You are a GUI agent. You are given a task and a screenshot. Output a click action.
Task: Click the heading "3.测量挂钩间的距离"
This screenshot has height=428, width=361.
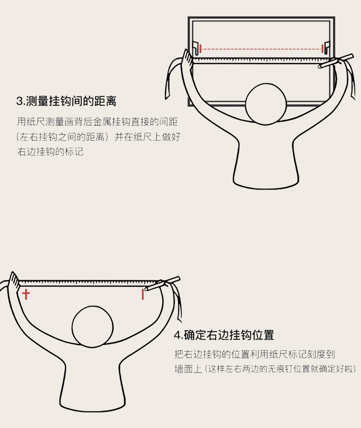click(x=66, y=101)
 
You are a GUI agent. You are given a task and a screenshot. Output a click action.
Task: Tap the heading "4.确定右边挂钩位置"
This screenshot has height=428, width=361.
click(x=224, y=335)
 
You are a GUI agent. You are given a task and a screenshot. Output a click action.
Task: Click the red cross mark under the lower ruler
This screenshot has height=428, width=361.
click(x=26, y=294)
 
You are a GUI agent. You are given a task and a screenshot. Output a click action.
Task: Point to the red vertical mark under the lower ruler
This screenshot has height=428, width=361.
click(x=143, y=294)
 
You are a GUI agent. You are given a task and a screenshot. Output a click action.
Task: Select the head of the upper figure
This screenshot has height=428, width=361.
click(x=265, y=104)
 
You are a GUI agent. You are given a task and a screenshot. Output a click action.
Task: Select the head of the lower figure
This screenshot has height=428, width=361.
click(x=93, y=327)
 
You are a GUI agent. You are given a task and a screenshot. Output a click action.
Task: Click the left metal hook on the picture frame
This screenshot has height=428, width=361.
click(x=196, y=48)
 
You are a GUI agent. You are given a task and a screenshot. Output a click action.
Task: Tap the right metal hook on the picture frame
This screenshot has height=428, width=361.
click(x=327, y=47)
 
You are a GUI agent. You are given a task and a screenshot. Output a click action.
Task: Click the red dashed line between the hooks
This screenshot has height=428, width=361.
click(x=261, y=49)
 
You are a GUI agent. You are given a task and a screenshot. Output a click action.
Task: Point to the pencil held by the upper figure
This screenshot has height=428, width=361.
click(x=335, y=61)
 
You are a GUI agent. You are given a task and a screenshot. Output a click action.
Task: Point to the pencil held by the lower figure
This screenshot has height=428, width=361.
click(x=162, y=284)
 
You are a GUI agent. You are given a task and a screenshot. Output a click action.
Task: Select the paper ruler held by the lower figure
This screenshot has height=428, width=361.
click(x=87, y=283)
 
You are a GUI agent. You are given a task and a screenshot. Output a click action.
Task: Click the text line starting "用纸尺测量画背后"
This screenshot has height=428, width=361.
click(x=97, y=122)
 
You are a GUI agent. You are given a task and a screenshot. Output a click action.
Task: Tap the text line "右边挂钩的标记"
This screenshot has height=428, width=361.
click(x=50, y=151)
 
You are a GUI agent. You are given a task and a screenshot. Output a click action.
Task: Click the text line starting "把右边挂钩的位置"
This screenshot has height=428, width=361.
click(x=255, y=354)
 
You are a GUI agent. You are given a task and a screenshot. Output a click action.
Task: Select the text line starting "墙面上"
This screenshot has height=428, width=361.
click(x=265, y=369)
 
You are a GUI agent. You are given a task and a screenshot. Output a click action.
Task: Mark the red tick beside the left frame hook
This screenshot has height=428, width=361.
click(x=201, y=49)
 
